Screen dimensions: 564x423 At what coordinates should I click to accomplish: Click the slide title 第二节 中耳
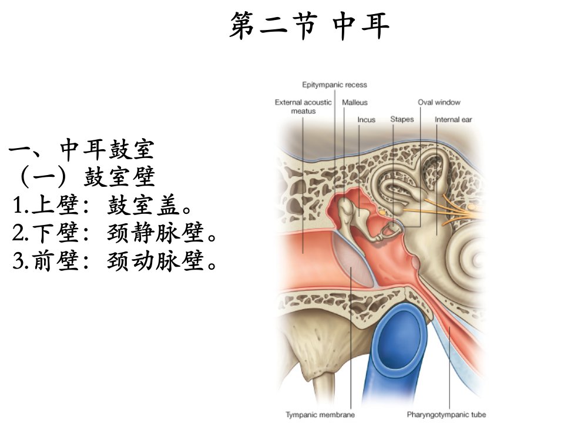(x=310, y=25)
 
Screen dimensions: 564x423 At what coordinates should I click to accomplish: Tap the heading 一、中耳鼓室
(x=82, y=149)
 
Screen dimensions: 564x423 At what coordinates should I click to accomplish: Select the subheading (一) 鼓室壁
(x=86, y=176)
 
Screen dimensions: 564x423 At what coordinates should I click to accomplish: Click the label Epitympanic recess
(x=334, y=85)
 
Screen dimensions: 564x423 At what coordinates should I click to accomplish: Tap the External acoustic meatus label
(x=303, y=106)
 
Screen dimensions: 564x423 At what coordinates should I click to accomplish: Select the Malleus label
(x=355, y=102)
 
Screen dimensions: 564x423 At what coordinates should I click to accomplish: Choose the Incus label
(x=366, y=120)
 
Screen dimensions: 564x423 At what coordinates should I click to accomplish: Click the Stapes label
(x=402, y=119)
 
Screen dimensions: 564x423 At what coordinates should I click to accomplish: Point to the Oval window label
(x=439, y=102)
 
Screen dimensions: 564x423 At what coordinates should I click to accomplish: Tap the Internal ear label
(x=453, y=119)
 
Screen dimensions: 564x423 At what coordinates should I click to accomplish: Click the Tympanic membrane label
(x=320, y=415)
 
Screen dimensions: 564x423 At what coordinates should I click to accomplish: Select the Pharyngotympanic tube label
(x=446, y=415)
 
